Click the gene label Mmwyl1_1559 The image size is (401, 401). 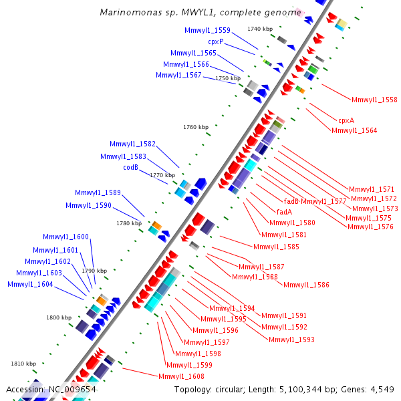click(207, 30)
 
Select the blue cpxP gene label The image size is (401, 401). click(215, 41)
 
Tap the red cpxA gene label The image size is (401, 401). click(346, 120)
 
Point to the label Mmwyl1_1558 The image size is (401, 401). click(374, 100)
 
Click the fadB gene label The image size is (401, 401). click(291, 201)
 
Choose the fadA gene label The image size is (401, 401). click(284, 212)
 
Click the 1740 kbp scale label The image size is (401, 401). click(260, 29)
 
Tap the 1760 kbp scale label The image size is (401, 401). click(196, 127)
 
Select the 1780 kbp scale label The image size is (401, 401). click(130, 223)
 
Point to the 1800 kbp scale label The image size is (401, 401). click(59, 317)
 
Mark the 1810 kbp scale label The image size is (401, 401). click(23, 364)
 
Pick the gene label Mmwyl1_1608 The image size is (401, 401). click(181, 376)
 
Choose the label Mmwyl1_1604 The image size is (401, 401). click(30, 284)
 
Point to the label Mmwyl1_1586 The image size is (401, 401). click(306, 285)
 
